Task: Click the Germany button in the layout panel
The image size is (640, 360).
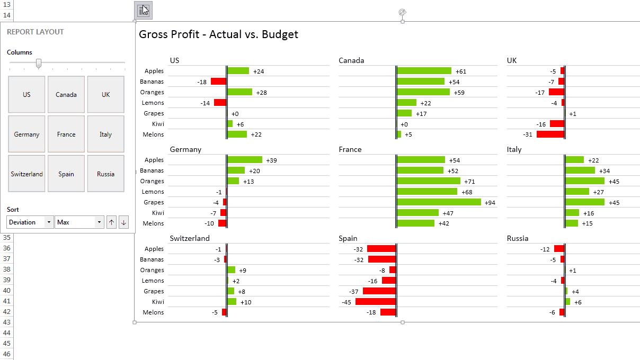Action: click(26, 134)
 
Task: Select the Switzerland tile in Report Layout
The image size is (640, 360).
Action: click(26, 174)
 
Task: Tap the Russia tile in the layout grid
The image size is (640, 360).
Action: click(105, 174)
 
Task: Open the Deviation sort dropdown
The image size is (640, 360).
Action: click(30, 222)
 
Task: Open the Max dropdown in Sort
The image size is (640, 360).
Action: click(79, 222)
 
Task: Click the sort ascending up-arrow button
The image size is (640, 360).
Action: click(111, 222)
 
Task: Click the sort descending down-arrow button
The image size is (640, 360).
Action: click(123, 222)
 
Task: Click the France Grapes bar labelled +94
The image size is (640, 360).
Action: click(439, 202)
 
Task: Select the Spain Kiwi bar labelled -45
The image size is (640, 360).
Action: click(376, 302)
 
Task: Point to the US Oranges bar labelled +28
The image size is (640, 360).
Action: click(239, 92)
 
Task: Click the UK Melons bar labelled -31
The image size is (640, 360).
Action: click(550, 134)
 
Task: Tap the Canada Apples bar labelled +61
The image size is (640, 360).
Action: click(424, 71)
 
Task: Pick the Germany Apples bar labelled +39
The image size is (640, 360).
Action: click(245, 160)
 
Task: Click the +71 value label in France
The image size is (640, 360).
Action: click(469, 182)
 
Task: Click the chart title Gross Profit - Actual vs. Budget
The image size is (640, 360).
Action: click(218, 34)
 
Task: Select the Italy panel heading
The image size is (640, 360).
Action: click(514, 149)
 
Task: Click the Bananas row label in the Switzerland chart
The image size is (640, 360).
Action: click(152, 259)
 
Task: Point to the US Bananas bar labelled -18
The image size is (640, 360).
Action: click(218, 82)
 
